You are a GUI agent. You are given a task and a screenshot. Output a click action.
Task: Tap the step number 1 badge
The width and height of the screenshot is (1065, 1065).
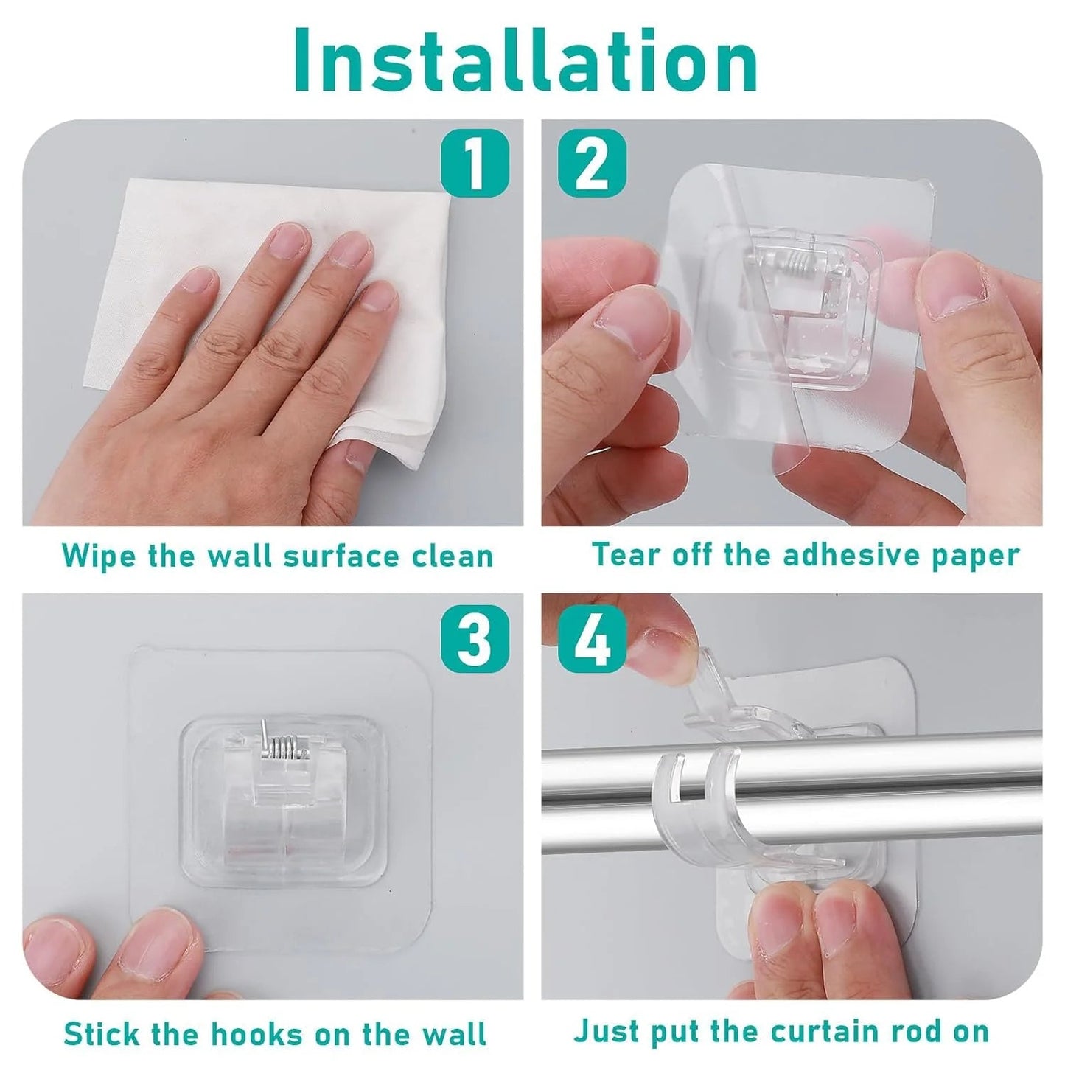click(474, 162)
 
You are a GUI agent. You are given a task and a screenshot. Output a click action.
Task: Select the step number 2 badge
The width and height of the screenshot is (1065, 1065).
click(592, 162)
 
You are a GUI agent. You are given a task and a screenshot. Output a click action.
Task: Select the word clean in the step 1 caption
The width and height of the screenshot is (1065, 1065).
click(452, 555)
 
